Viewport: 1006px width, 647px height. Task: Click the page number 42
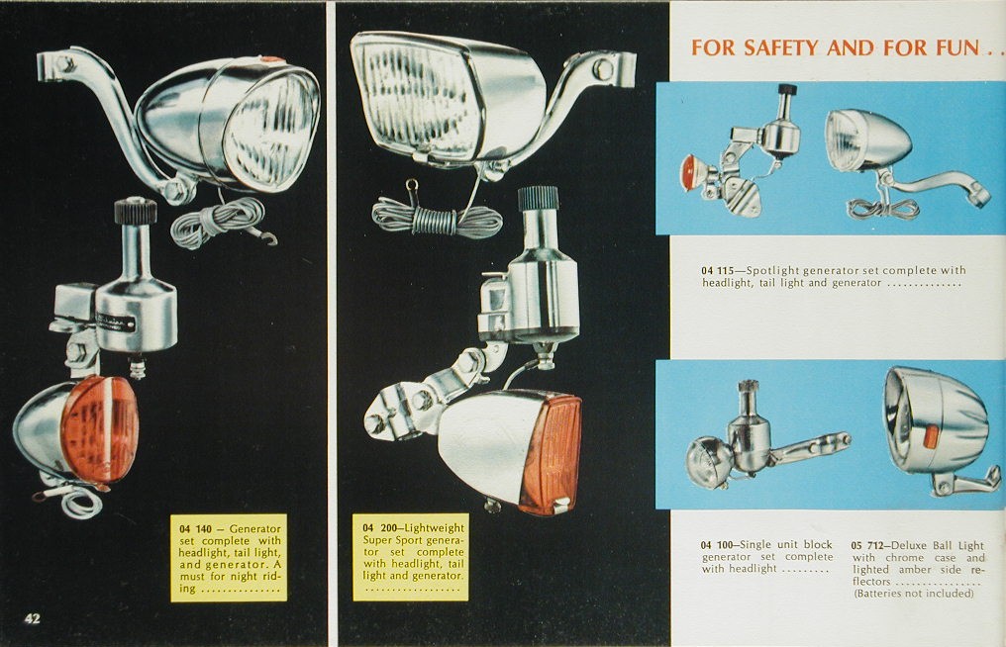[32, 618]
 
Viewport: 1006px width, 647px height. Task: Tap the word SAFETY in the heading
[781, 47]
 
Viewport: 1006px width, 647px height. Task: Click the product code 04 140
[195, 529]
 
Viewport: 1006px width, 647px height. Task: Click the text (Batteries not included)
[914, 594]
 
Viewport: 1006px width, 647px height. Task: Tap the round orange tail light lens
[100, 428]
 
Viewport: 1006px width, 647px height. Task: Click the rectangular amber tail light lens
[551, 454]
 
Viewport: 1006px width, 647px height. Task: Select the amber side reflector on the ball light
[931, 437]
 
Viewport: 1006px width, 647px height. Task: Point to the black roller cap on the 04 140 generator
[136, 211]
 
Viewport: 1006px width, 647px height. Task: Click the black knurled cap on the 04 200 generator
[539, 199]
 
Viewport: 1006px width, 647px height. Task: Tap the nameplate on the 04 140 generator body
[116, 322]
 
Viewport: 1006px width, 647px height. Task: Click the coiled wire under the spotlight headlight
[883, 208]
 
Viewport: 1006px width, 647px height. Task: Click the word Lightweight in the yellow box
[435, 527]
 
